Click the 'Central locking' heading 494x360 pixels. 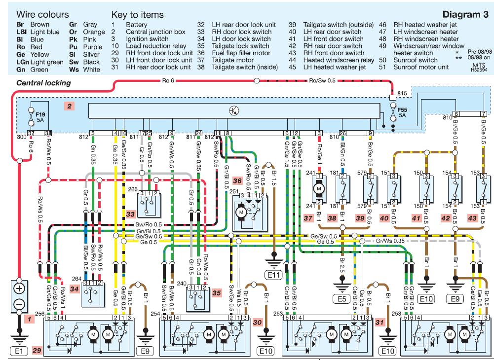[44, 83]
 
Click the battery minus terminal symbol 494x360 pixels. [19, 304]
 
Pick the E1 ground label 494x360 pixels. [19, 352]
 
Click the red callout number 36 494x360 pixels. [237, 180]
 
